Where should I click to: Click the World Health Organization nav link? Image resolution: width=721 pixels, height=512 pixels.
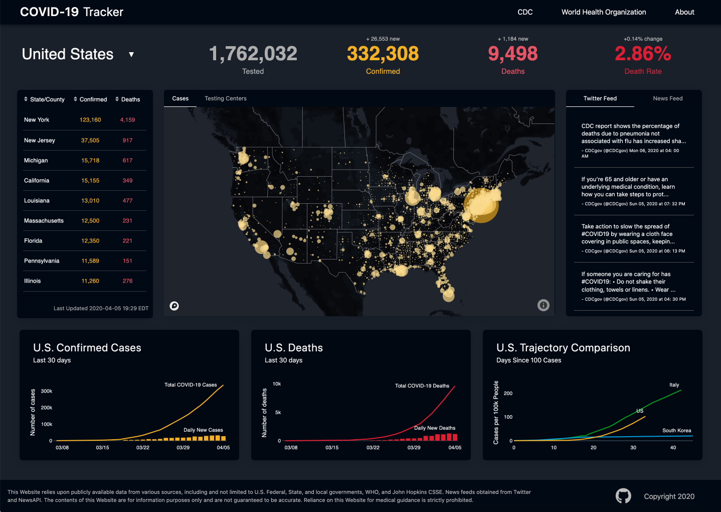click(603, 12)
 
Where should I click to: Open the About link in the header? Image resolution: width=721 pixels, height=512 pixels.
click(684, 12)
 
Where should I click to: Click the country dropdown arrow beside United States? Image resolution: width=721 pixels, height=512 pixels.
click(131, 54)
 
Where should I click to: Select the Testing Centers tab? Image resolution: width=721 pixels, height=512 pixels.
click(225, 98)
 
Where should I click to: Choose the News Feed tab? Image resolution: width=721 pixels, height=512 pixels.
click(667, 98)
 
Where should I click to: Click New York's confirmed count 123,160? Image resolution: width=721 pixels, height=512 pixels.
click(90, 120)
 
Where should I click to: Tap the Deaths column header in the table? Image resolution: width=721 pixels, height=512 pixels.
click(128, 99)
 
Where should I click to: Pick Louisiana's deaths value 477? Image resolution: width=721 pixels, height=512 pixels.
click(127, 201)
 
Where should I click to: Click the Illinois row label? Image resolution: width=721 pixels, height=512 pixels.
click(33, 281)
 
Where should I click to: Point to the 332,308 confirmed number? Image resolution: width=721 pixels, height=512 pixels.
click(383, 54)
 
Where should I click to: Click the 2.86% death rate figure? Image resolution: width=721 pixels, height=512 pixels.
click(643, 54)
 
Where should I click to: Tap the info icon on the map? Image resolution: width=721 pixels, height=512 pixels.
click(543, 305)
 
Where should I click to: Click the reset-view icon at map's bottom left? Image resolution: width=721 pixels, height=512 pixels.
click(174, 306)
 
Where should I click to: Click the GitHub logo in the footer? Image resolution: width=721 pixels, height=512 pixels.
click(623, 496)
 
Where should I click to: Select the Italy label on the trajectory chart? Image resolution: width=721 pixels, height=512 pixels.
click(674, 385)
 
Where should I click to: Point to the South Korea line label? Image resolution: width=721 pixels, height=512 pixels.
click(676, 431)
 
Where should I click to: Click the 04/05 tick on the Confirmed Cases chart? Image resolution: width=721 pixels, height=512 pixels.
click(223, 448)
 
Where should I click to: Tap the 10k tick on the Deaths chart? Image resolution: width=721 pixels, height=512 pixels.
click(277, 384)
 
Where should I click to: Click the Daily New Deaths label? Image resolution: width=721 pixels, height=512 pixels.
click(435, 428)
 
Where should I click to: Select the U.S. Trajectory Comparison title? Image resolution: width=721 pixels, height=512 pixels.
click(563, 348)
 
